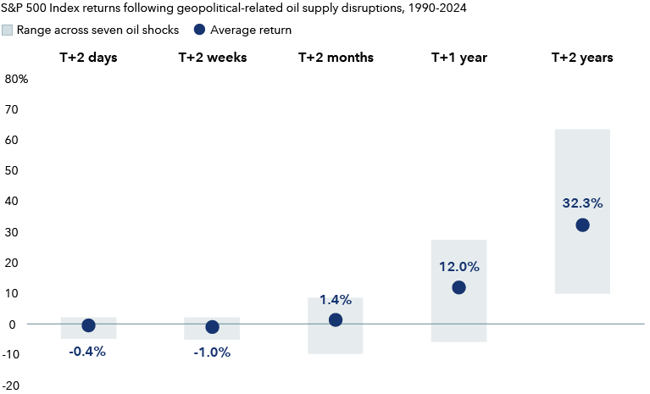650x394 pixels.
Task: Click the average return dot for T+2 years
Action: [582, 225]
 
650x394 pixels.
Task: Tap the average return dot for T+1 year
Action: [458, 288]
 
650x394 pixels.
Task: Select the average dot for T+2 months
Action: [336, 320]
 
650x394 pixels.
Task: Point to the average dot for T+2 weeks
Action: [212, 327]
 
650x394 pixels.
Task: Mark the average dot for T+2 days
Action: [88, 325]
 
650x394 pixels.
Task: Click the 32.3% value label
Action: [582, 203]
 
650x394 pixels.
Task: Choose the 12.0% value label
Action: [458, 267]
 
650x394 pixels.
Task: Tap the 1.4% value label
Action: [336, 300]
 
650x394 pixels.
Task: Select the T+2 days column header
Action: [88, 58]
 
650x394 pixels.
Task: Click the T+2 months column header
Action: [336, 58]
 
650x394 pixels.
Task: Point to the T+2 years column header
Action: [582, 58]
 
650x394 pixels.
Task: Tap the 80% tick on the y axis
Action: [17, 80]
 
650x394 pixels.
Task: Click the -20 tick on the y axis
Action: [13, 386]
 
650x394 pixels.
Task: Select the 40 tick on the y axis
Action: [13, 202]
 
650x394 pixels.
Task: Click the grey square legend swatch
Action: [8, 31]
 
